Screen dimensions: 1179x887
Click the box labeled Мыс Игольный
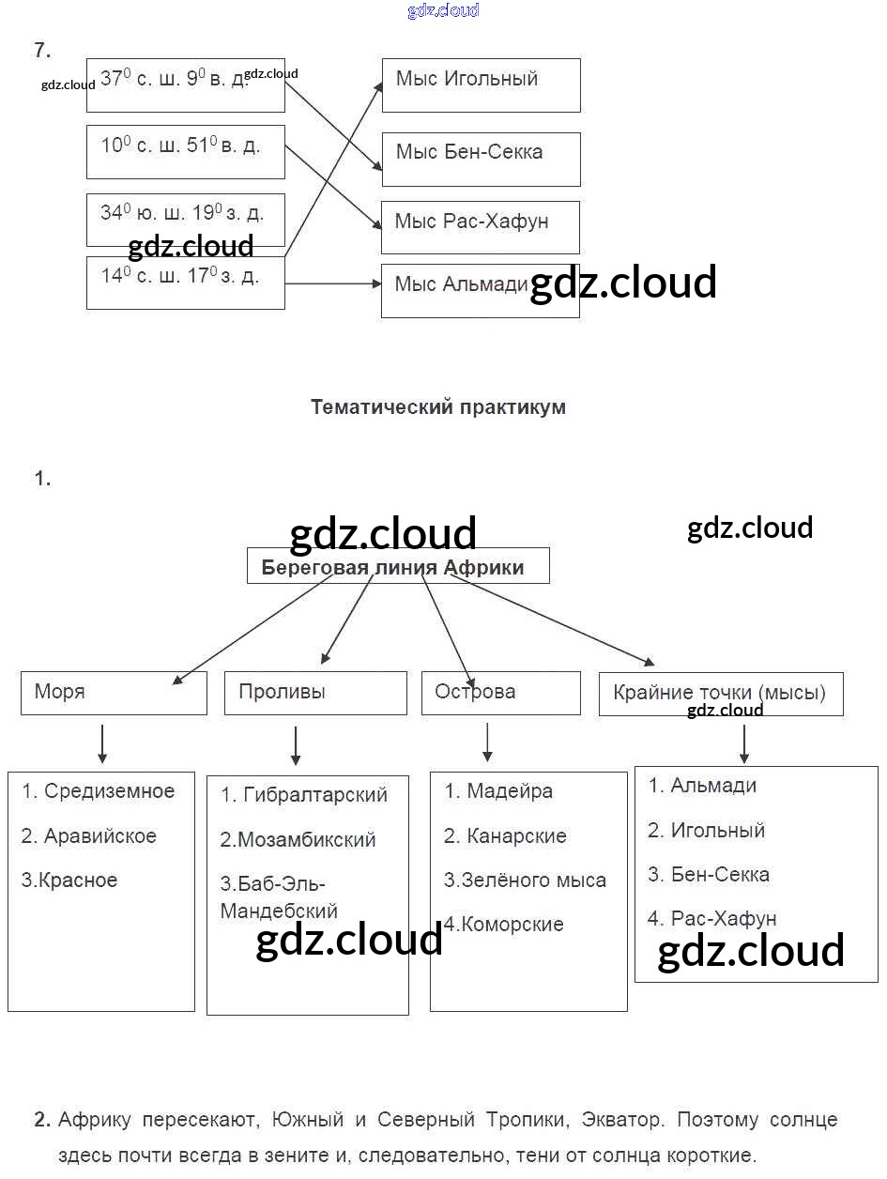pos(481,84)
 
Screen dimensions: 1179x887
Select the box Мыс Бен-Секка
pos(481,159)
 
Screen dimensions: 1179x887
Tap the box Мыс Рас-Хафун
pos(480,227)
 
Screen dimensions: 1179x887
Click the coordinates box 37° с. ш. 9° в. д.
pos(185,84)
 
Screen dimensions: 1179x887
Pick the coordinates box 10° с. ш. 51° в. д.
pos(185,151)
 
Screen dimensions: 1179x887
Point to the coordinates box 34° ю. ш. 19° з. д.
pos(185,219)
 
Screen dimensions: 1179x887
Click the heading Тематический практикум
pos(437,407)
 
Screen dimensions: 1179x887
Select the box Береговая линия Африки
pos(398,567)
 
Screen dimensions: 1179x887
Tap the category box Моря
pos(114,693)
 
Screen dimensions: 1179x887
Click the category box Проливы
pos(315,693)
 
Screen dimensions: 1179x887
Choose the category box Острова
pos(500,693)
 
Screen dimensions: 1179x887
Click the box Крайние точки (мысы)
pos(720,694)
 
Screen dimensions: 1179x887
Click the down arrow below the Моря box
pos(102,743)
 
